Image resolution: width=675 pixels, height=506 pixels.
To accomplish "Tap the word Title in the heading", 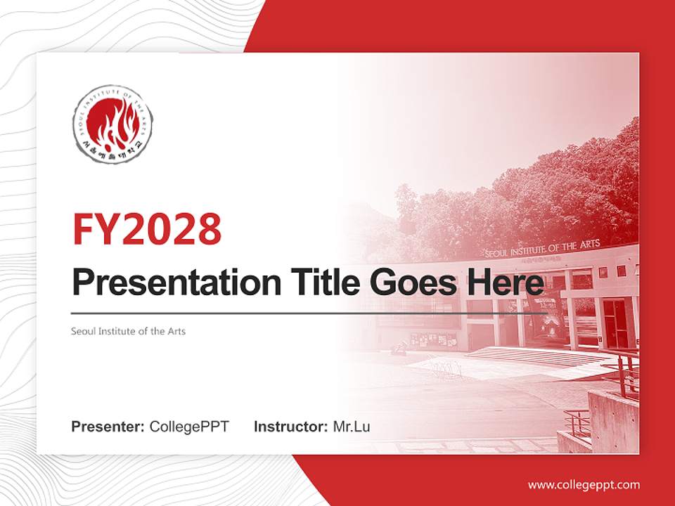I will pos(323,283).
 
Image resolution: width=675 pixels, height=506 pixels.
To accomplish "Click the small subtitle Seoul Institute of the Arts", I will pos(128,330).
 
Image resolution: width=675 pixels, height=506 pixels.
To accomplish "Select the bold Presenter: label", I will pos(108,427).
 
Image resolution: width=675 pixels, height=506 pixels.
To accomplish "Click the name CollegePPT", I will pos(189,427).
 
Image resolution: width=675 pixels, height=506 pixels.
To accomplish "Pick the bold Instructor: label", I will pos(290,427).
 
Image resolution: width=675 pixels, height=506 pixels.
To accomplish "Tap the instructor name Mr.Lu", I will pos(352,427).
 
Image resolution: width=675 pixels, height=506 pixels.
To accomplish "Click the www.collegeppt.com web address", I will pos(584,484).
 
